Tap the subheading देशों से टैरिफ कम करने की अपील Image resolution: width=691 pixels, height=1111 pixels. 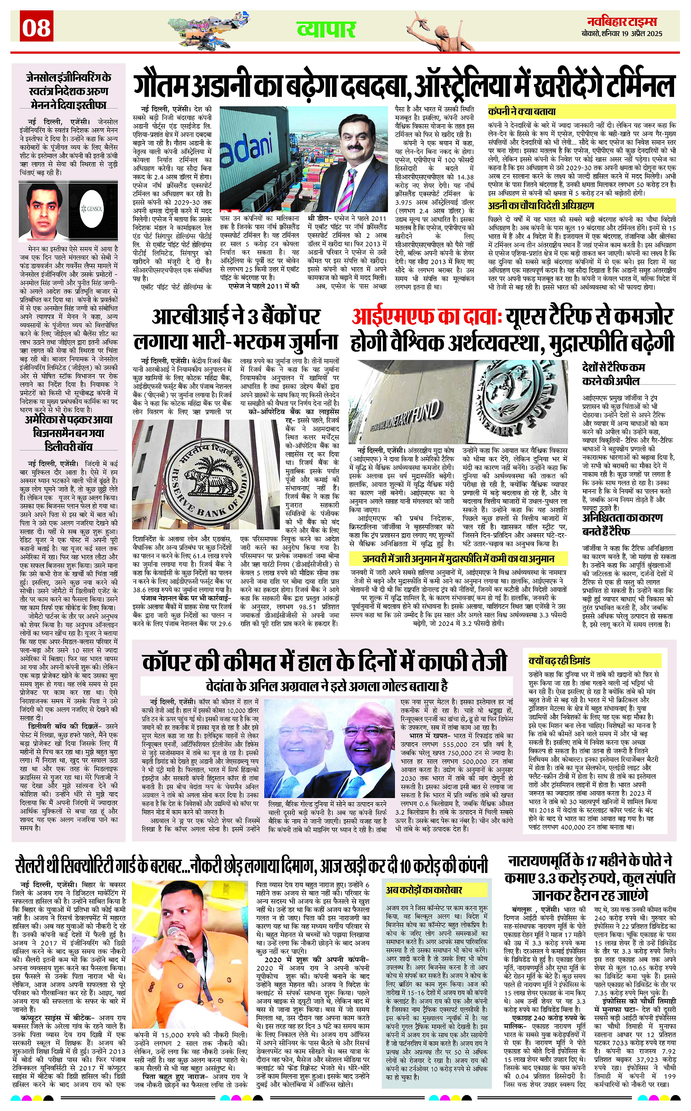[613, 374]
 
